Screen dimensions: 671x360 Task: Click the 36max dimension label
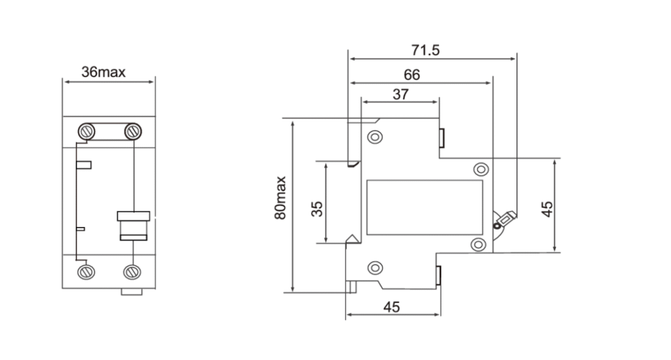pyautogui.click(x=103, y=72)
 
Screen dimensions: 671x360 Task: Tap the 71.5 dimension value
pyautogui.click(x=425, y=50)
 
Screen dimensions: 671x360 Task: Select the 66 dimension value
pyautogui.click(x=412, y=75)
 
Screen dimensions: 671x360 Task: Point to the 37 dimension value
pyautogui.click(x=400, y=94)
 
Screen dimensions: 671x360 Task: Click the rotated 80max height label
pyautogui.click(x=280, y=198)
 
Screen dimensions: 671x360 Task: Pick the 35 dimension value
pyautogui.click(x=316, y=209)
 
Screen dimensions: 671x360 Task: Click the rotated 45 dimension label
pyautogui.click(x=547, y=209)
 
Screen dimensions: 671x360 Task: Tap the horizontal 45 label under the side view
pyautogui.click(x=392, y=307)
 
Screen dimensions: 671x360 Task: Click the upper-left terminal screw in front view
pyautogui.click(x=86, y=131)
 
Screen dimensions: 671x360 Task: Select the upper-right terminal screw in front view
pyautogui.click(x=132, y=131)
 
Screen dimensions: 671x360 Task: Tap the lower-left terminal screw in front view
pyautogui.click(x=86, y=272)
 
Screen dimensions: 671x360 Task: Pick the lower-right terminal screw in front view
pyautogui.click(x=132, y=272)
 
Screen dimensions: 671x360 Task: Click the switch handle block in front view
pyautogui.click(x=134, y=226)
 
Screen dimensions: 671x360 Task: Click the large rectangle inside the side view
pyautogui.click(x=425, y=207)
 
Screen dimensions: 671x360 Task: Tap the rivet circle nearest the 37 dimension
pyautogui.click(x=375, y=137)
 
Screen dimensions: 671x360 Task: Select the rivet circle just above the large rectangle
pyautogui.click(x=481, y=170)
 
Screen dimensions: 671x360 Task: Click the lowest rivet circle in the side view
pyautogui.click(x=375, y=268)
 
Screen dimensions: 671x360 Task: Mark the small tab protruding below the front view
pyautogui.click(x=132, y=292)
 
